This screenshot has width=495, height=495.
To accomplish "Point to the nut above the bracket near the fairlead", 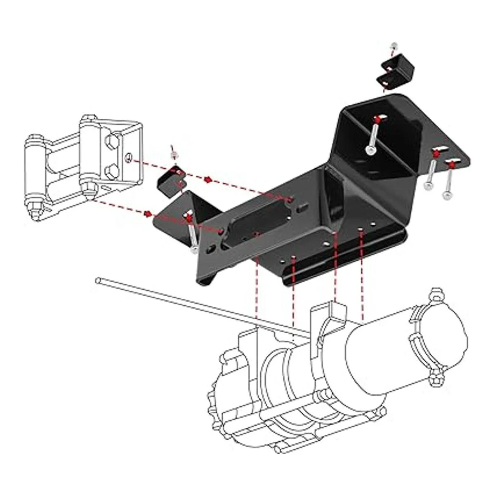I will click(x=174, y=155).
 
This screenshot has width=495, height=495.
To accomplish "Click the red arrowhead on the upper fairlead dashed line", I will click(x=208, y=179).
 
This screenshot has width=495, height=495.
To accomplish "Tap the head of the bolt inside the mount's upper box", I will click(x=370, y=150).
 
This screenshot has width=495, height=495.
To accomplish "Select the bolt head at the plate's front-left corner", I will click(x=193, y=249).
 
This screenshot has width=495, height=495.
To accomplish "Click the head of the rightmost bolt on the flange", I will click(x=446, y=194).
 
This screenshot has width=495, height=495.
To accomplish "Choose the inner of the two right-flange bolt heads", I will click(x=429, y=186).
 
